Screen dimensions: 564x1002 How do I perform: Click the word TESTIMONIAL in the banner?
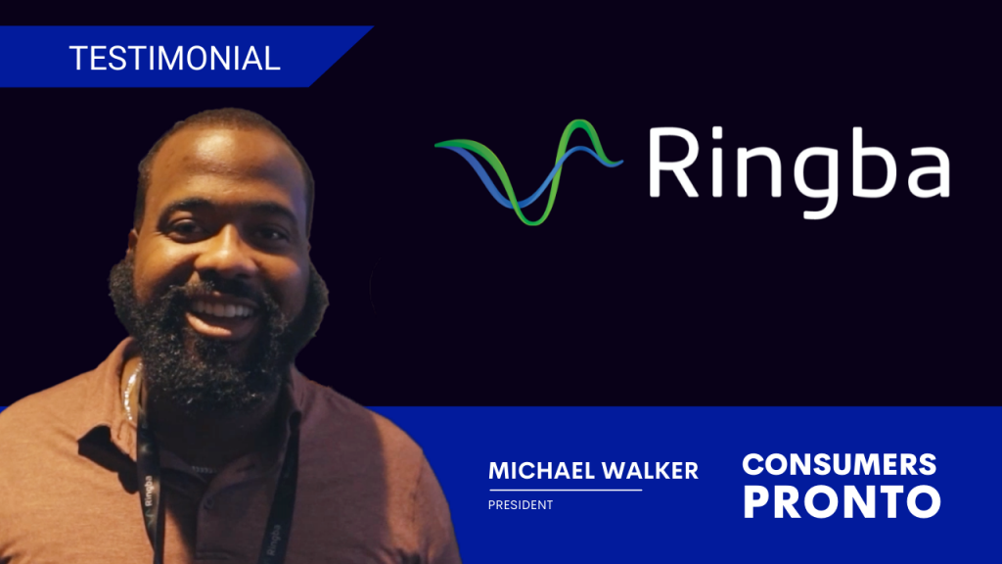point(175,58)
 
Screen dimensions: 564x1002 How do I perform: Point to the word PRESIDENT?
point(521,505)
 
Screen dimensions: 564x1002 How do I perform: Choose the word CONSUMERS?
point(840,463)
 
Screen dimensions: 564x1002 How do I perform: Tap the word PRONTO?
point(842,501)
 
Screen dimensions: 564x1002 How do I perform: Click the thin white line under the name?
point(565,489)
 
